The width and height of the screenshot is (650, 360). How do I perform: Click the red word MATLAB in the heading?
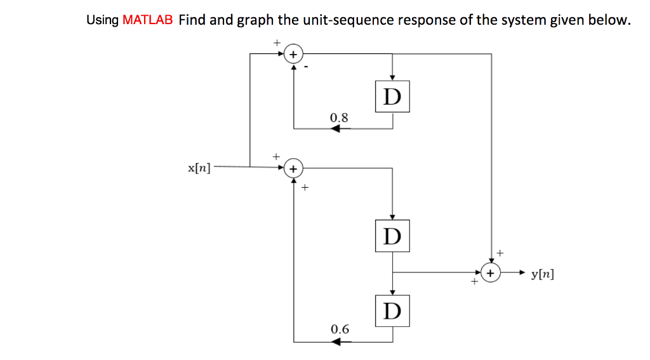147,20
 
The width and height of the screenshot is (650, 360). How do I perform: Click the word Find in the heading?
192,20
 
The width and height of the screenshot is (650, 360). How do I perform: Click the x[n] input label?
199,168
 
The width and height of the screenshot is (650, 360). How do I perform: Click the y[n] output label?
541,274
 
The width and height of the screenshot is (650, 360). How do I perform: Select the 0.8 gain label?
339,117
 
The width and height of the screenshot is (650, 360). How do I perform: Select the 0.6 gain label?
340,329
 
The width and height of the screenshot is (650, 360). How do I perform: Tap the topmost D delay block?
392,97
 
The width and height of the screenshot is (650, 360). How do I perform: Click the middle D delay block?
392,236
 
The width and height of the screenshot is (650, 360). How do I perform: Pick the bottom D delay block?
392,310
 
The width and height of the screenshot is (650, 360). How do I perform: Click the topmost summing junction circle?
293,55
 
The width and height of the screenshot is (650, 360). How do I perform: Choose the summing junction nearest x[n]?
293,169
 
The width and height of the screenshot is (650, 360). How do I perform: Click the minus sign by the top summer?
307,67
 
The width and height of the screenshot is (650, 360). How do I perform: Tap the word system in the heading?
524,20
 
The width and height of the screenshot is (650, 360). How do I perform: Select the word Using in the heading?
102,20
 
